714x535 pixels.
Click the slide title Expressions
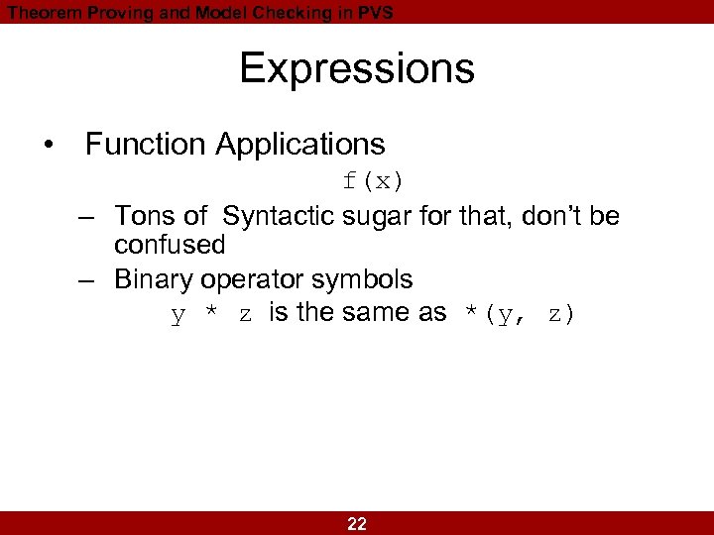pos(357,68)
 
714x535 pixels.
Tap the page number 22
pos(357,524)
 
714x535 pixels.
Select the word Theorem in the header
pos(39,12)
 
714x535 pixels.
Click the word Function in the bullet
pos(146,145)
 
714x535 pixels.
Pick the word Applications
pos(299,145)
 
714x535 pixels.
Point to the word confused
pos(170,244)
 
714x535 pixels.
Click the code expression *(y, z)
pos(520,315)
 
